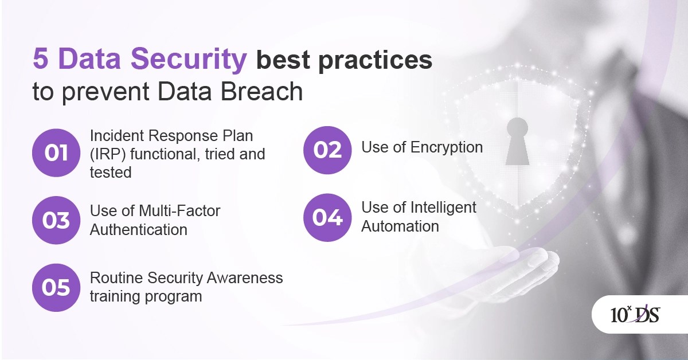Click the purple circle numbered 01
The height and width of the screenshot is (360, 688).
coord(56,153)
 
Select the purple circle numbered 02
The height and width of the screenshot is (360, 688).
coord(327,150)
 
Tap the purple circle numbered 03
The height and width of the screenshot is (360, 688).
coord(56,220)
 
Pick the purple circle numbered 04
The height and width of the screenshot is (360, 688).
coord(327,217)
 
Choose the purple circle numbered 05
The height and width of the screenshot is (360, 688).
coord(56,287)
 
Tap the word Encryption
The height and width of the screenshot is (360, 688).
coord(447,147)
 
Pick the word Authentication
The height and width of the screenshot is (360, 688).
coord(139,230)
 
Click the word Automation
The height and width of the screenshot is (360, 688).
coord(400,226)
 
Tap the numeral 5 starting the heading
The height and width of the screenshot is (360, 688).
coord(40,60)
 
